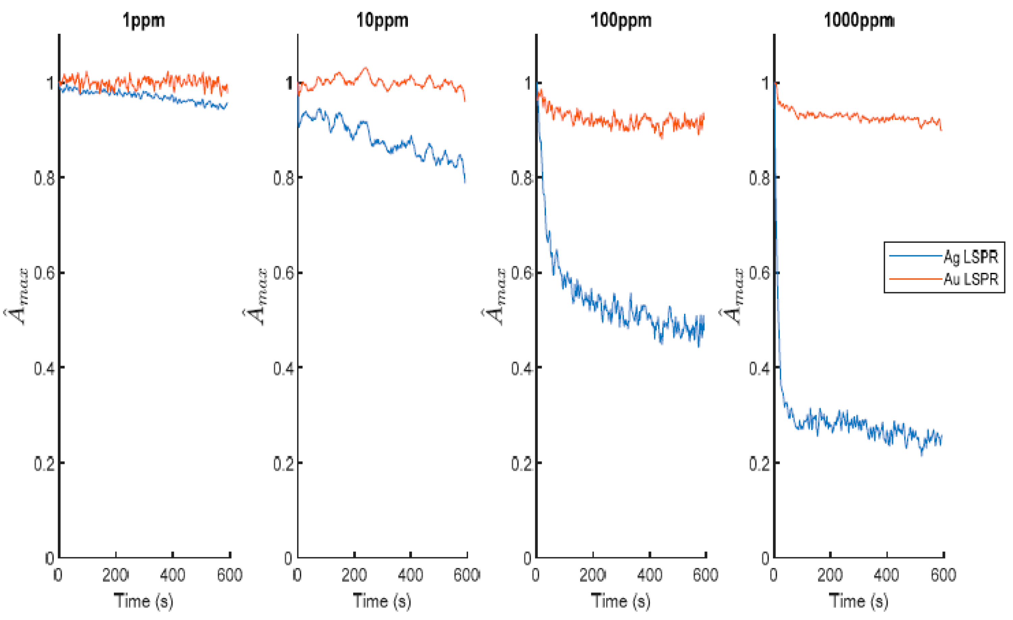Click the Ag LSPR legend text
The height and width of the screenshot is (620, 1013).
pos(970,257)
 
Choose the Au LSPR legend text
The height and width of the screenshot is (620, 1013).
pos(970,279)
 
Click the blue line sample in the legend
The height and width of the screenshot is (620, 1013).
pos(915,256)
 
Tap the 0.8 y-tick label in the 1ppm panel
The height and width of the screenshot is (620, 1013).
pos(44,178)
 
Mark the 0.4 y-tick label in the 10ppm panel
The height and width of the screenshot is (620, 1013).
pos(283,368)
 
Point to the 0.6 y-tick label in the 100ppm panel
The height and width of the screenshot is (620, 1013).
pos(521,273)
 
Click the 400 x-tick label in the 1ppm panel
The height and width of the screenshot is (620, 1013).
pos(172,574)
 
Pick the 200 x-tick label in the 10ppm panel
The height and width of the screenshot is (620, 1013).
pos(354,574)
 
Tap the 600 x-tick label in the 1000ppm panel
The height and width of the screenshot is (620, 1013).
pos(943,574)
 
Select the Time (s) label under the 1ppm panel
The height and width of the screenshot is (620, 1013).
pos(144,601)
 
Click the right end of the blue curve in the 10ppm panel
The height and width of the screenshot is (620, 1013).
pos(465,181)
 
